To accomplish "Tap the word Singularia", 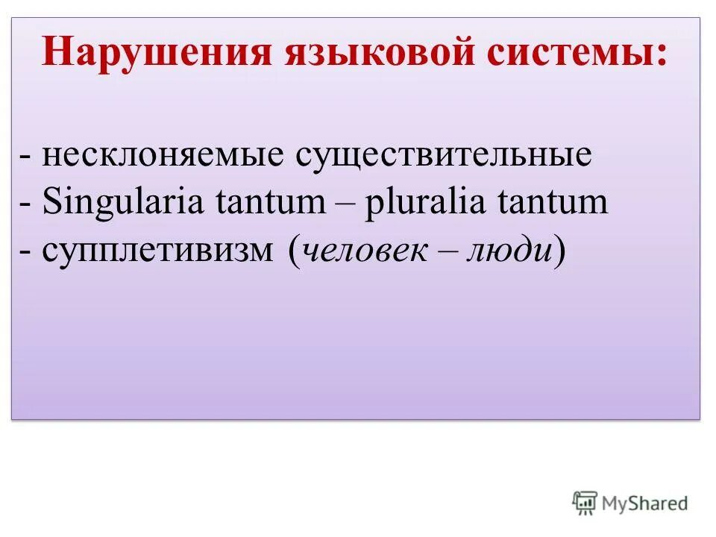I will coord(122,203).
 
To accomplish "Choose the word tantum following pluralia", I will coord(556,203).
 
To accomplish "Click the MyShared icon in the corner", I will coord(585,503).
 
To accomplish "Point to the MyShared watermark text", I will coord(646,504).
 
